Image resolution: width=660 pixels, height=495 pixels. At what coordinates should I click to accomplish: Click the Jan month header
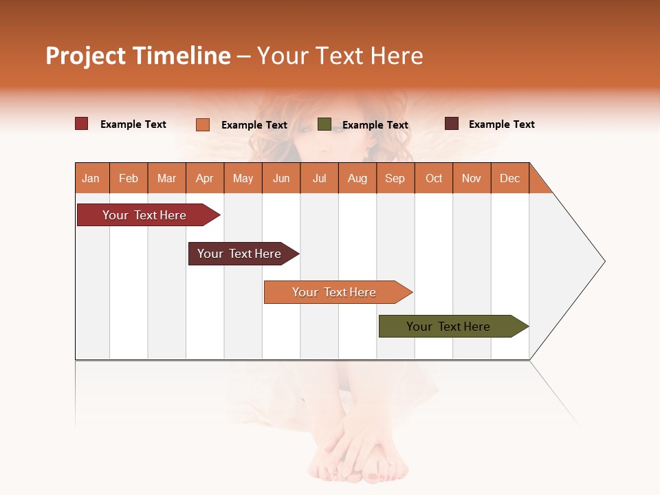91,178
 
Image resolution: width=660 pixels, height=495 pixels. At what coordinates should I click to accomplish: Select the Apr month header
205,178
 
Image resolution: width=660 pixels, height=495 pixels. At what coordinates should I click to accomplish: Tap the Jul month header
319,178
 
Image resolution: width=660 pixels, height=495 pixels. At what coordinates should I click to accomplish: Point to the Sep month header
395,178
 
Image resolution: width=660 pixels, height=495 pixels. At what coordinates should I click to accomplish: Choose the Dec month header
510,178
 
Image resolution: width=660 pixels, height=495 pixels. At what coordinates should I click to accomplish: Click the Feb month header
129,178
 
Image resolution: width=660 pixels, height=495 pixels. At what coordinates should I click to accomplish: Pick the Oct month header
434,178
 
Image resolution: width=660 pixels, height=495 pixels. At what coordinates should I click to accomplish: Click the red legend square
82,124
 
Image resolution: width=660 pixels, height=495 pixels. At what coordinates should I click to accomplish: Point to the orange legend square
203,124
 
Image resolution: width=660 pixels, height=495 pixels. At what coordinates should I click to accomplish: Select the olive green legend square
324,124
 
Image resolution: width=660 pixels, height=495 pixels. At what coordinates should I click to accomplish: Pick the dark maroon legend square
452,124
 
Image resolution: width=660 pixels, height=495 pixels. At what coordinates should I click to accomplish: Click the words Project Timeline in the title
137,56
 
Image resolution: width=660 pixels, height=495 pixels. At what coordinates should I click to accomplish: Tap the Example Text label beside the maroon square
501,124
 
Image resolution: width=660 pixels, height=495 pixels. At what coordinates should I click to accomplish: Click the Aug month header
357,178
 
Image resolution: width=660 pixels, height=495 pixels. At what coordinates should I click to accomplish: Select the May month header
243,178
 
